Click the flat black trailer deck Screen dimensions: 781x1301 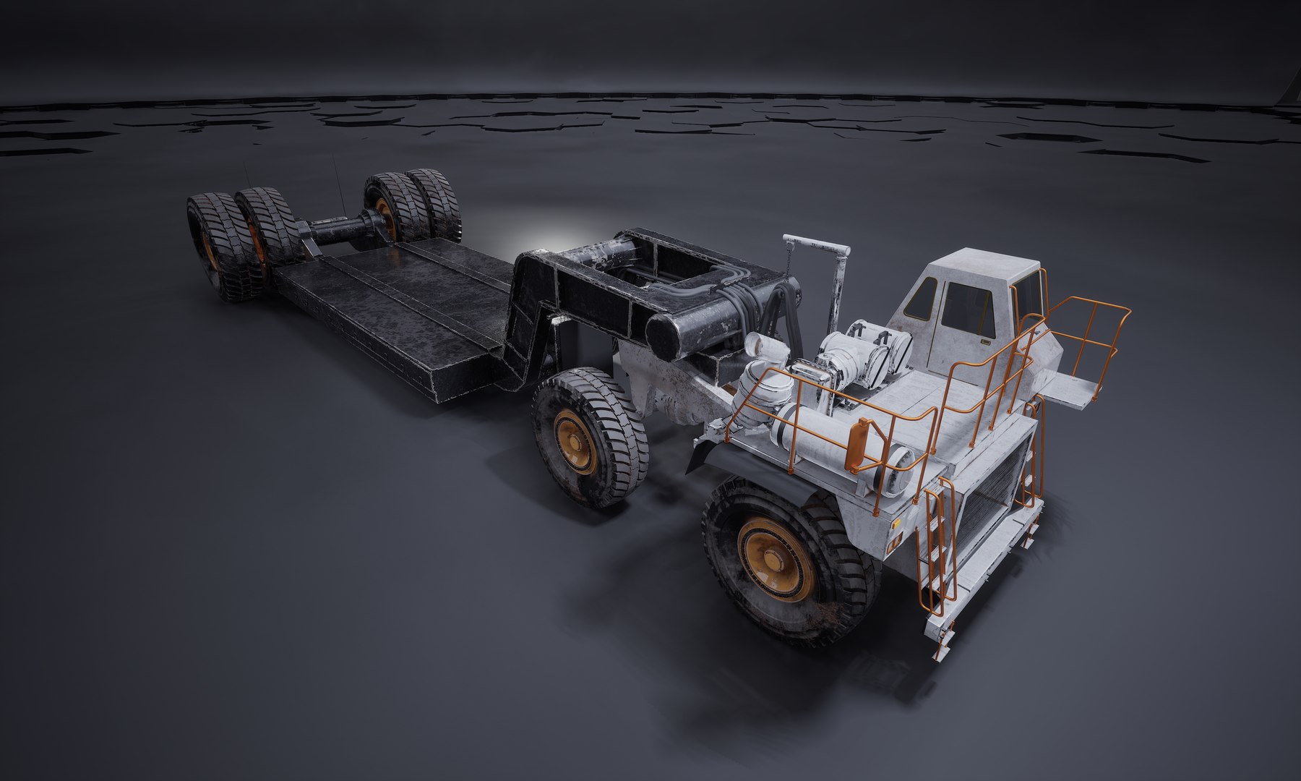390,304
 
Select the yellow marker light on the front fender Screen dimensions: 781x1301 896,521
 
